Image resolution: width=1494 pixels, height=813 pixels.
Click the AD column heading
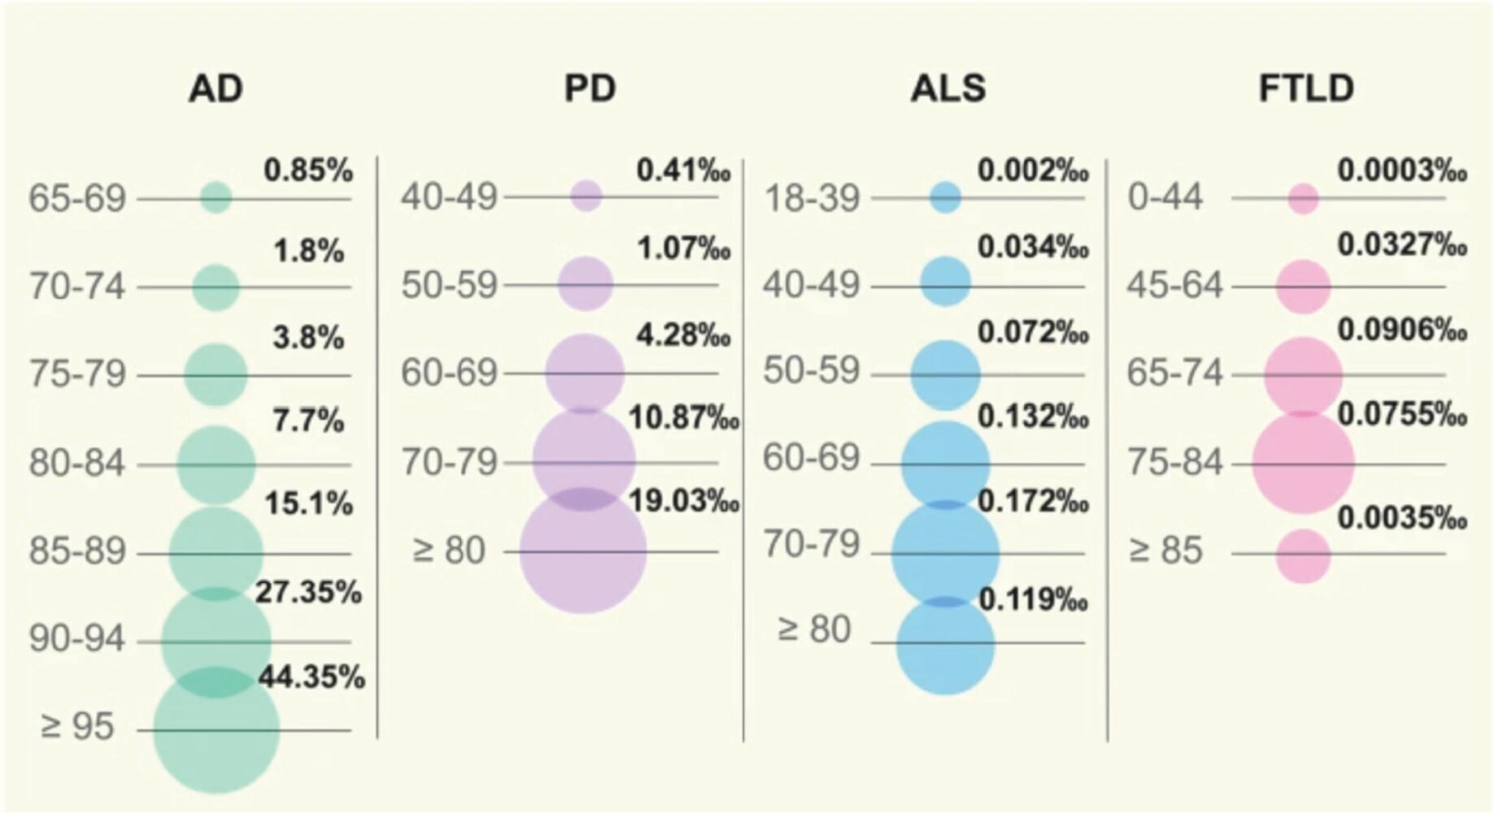coord(216,89)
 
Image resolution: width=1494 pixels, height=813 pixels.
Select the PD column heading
coord(590,89)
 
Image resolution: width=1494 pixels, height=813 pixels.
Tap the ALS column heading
coord(948,89)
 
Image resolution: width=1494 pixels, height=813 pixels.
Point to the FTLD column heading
coord(1306,89)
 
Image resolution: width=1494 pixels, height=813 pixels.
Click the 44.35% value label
coord(312,676)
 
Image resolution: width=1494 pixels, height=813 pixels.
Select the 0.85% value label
coord(308,170)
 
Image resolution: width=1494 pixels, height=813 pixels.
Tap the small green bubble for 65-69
coord(216,198)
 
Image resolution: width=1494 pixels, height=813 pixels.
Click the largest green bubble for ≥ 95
coord(216,730)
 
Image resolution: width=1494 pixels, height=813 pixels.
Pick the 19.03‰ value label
coord(684,501)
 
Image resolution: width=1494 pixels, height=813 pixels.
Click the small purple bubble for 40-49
coord(586,196)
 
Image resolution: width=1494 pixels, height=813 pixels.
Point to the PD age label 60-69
coord(449,373)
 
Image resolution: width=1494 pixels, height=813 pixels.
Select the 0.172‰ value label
coord(1033,501)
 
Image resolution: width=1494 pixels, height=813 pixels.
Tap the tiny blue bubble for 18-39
coord(945,197)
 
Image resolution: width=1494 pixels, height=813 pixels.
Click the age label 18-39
coord(812,198)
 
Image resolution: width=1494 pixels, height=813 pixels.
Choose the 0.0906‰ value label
coord(1402,329)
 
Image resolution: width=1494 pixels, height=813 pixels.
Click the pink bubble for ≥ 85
coord(1303,556)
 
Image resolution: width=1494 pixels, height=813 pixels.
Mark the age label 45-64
coord(1174,285)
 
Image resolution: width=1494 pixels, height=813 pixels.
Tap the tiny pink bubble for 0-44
coord(1303,198)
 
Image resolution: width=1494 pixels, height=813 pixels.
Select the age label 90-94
coord(77,640)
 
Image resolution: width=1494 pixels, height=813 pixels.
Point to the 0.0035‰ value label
coord(1402,517)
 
